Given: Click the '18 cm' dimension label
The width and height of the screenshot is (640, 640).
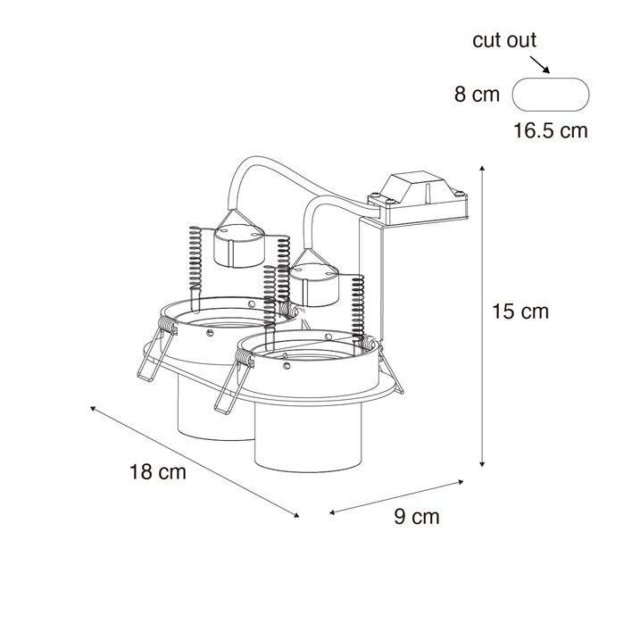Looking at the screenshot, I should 157,472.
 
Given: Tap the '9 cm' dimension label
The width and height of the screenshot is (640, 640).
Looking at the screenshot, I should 417,517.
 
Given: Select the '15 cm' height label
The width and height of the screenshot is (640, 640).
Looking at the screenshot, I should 520,312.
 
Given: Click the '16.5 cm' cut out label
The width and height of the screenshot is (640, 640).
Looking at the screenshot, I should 551,130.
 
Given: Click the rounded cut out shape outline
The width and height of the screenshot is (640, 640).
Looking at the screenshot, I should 551,96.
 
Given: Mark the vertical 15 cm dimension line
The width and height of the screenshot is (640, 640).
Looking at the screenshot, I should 483,312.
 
